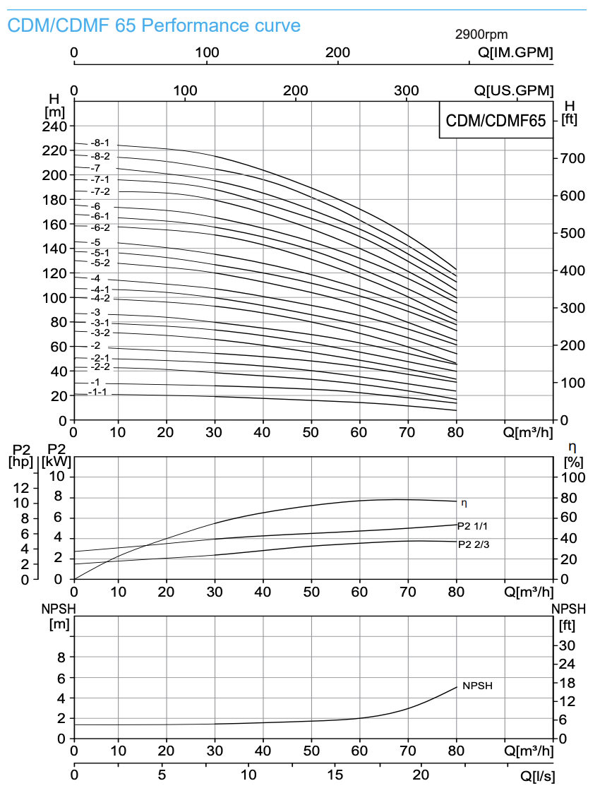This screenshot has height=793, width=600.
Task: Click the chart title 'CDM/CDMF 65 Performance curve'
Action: (x=154, y=26)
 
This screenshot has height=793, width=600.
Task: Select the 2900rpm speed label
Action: (x=481, y=35)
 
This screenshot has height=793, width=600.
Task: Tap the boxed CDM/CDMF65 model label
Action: (x=496, y=121)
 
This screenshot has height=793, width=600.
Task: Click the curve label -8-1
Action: (x=100, y=143)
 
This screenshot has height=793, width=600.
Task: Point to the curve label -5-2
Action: (x=100, y=263)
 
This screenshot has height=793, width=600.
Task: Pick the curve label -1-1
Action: (x=97, y=392)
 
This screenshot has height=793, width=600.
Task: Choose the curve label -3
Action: (x=95, y=313)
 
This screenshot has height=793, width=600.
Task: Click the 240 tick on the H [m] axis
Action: (x=55, y=126)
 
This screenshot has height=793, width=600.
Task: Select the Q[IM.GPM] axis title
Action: (x=515, y=53)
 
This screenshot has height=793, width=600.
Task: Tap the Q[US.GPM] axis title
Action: (x=514, y=90)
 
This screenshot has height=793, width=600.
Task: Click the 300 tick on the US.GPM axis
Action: (x=407, y=90)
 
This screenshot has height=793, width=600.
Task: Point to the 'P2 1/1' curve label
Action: (x=472, y=526)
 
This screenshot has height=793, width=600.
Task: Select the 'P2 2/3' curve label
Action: (x=473, y=544)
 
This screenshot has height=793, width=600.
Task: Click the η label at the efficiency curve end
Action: (x=464, y=503)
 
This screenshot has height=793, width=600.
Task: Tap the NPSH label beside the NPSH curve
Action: (x=477, y=686)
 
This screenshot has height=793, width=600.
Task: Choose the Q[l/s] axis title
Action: (x=536, y=776)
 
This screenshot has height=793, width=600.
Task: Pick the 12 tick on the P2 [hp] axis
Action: (x=21, y=488)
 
